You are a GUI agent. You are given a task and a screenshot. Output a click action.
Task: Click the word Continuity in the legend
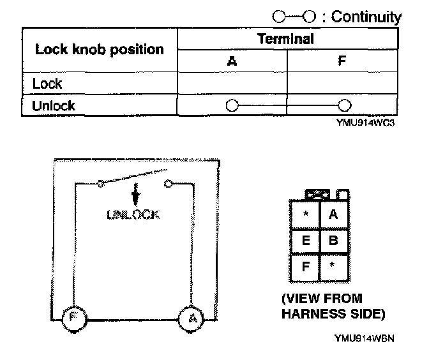[365, 17]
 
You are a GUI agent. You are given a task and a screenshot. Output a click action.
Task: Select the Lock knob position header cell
[99, 50]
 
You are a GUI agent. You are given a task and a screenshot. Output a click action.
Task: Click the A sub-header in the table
[231, 62]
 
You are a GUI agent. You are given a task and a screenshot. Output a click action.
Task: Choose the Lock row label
[48, 84]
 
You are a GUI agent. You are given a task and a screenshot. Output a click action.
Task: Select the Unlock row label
[54, 105]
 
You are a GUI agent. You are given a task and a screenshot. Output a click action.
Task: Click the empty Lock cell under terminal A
[231, 84]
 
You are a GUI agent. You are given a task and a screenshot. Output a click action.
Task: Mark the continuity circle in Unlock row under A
[232, 105]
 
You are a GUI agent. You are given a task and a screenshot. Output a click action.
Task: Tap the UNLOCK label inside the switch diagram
[134, 214]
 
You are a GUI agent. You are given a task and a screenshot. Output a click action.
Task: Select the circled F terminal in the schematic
[73, 317]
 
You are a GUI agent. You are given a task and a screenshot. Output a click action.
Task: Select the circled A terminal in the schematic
[188, 317]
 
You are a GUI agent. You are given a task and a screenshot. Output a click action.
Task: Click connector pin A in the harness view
[333, 214]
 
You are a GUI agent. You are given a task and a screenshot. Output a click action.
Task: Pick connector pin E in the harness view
[305, 241]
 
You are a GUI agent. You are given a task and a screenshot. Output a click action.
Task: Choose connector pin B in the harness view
[333, 241]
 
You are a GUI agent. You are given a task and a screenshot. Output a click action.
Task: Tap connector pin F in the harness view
[305, 267]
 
